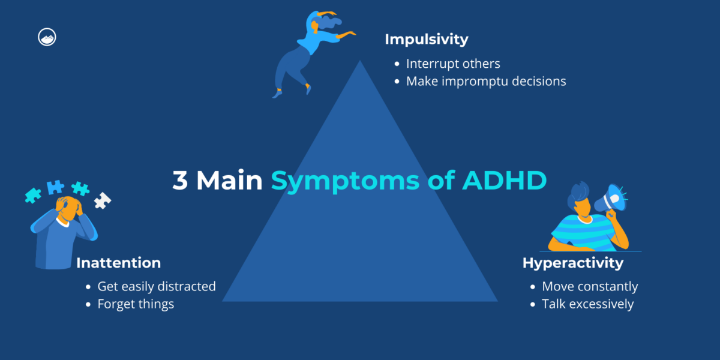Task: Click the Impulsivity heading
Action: point(426,40)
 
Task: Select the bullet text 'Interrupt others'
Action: point(453,64)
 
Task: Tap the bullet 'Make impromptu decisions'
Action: point(486,81)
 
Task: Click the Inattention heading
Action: point(118,263)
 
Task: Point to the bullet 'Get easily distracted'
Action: point(157,286)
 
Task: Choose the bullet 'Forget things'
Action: point(136,304)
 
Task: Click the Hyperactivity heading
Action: point(572,263)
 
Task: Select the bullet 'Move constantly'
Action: point(590,286)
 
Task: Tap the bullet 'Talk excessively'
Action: point(587,304)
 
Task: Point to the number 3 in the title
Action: point(180,181)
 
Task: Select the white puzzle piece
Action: point(103,200)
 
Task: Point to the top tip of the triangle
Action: point(360,62)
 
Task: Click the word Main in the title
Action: point(230,181)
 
